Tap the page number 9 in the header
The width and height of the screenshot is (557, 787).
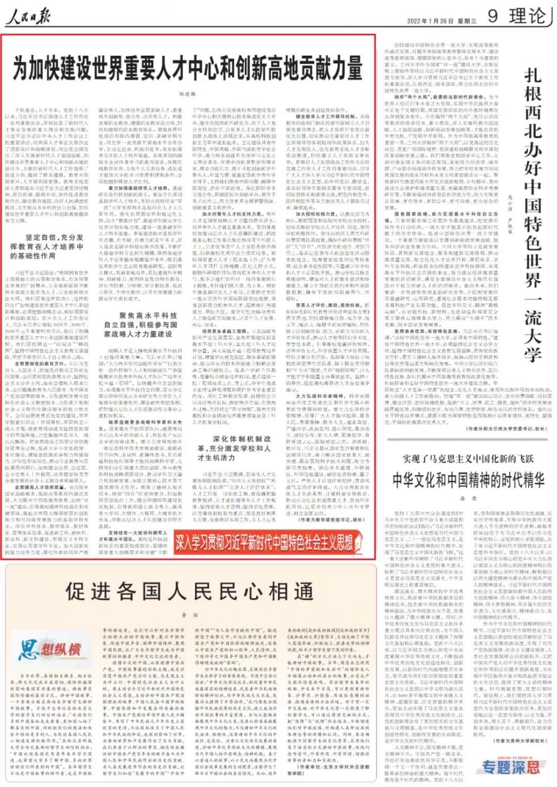(493, 16)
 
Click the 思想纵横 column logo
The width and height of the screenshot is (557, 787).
(50, 649)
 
